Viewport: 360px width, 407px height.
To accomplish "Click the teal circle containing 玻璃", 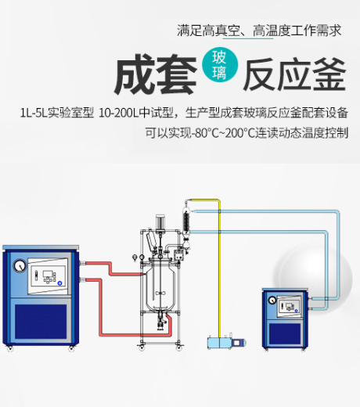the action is tap(220, 64).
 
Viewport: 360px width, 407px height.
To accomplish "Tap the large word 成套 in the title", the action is tap(156, 74).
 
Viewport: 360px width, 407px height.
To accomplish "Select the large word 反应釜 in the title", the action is tap(294, 74).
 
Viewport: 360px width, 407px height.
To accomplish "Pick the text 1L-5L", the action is tap(34, 113).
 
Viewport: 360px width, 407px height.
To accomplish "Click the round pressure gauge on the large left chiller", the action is tap(20, 266).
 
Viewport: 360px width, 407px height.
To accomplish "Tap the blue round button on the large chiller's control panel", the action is tap(59, 283).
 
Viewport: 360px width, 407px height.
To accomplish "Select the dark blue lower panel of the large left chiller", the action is tap(41, 321).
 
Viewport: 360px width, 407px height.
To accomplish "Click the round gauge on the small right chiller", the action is tap(272, 300).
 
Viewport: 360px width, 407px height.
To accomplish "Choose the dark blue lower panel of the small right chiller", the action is tap(285, 334).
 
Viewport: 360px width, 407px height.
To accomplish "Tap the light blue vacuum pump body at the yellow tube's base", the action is tap(219, 343).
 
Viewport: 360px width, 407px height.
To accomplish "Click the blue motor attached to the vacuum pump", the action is tap(239, 342).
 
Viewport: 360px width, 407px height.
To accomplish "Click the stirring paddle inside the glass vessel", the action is tap(160, 294).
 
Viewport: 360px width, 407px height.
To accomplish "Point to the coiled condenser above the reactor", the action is tap(185, 222).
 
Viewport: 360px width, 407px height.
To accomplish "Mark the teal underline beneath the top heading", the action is tap(247, 38).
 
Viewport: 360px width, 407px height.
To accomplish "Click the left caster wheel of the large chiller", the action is tap(10, 348).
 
